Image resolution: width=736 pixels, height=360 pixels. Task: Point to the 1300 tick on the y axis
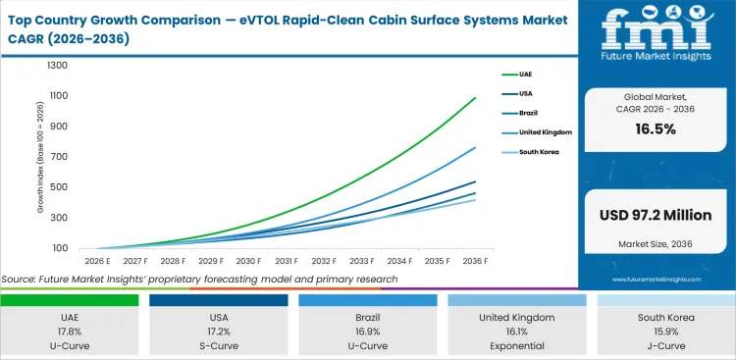pos(57,66)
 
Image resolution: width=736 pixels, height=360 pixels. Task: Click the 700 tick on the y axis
pos(60,157)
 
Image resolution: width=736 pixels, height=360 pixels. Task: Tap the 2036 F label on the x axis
pos(475,262)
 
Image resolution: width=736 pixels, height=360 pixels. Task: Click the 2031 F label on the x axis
pos(286,262)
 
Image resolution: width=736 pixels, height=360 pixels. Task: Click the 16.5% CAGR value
pos(656,129)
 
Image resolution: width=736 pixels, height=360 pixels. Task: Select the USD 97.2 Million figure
pos(656,215)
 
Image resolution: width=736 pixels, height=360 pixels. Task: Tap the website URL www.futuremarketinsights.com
pos(656,280)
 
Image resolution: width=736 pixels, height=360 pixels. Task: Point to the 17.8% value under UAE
pos(70,333)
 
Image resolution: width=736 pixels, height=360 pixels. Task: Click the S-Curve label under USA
pos(218,345)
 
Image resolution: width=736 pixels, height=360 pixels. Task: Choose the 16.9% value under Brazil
pos(367,333)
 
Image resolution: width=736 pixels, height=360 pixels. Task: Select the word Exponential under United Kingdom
pos(516,345)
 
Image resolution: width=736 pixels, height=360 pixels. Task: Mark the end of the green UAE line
pos(475,98)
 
